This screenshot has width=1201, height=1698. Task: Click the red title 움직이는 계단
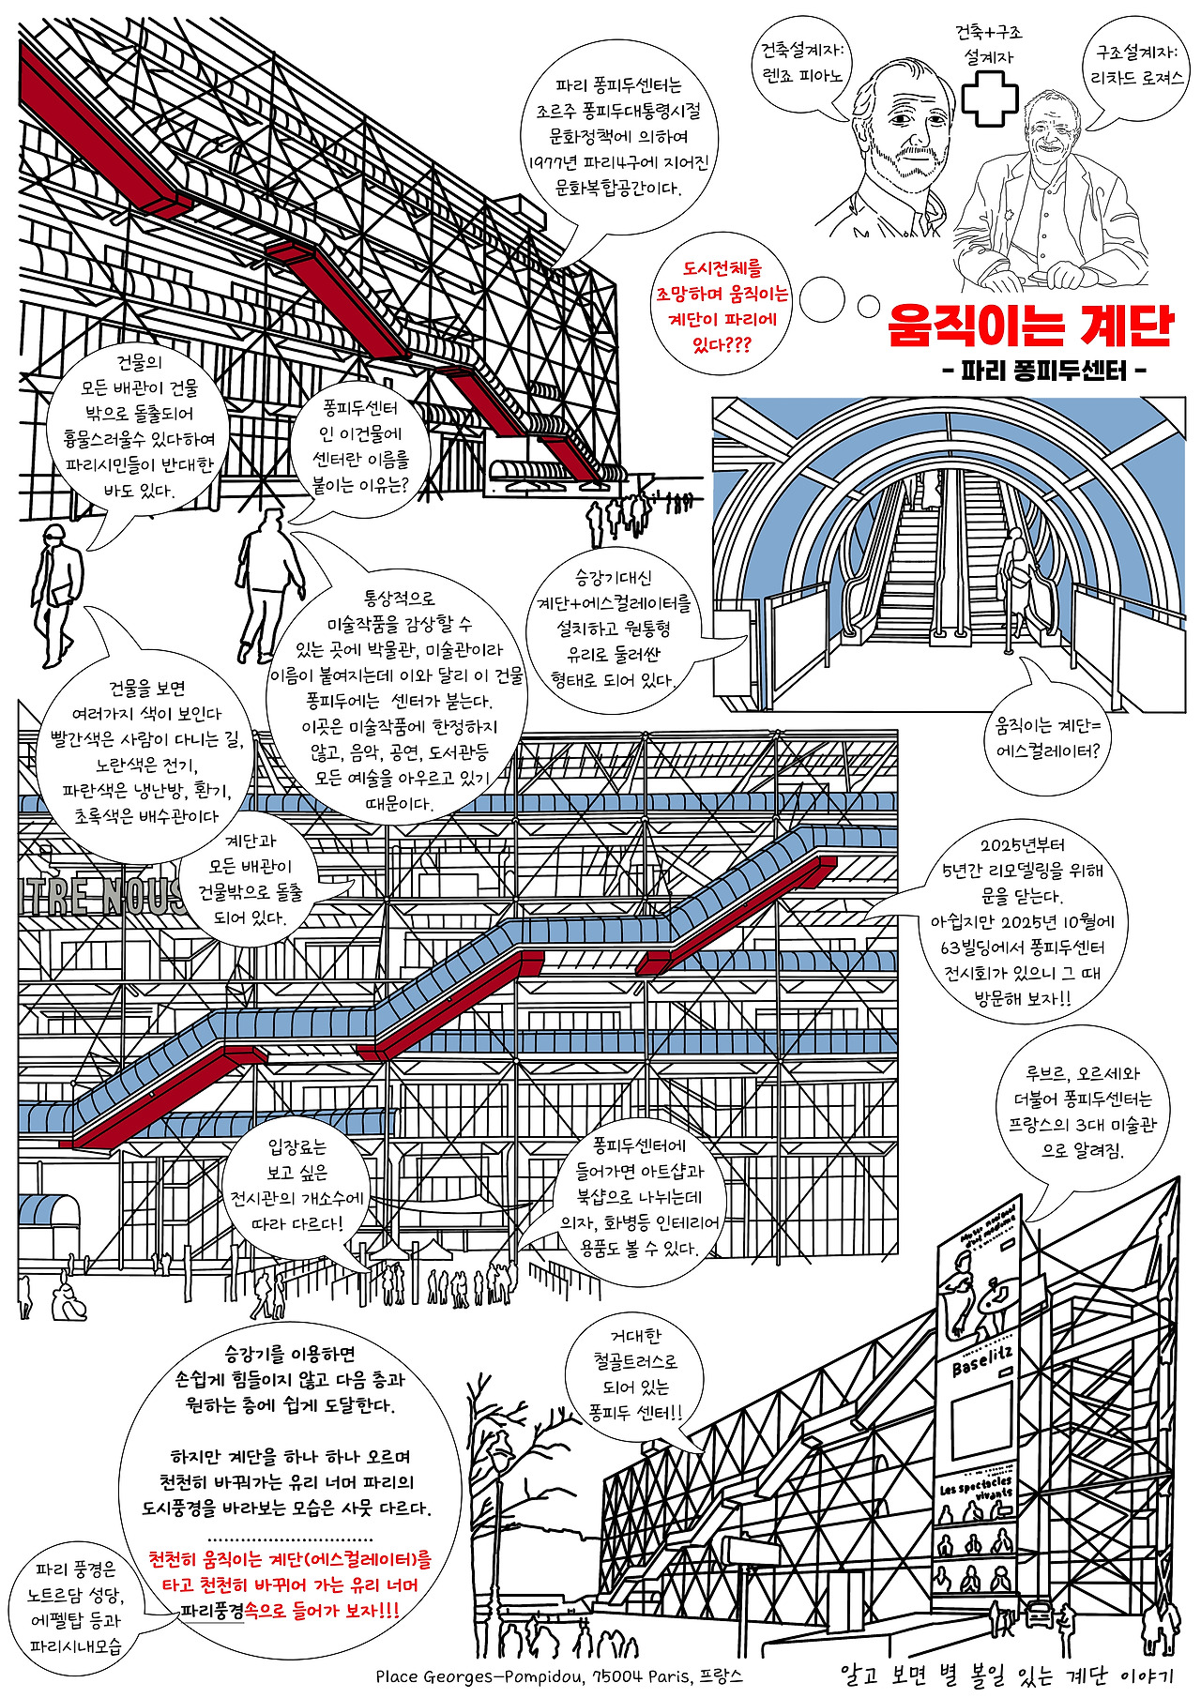(1030, 325)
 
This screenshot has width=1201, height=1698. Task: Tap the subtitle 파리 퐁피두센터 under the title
(1043, 371)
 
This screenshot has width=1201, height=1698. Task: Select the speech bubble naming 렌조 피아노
(803, 64)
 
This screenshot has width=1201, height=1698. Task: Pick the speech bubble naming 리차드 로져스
(1138, 66)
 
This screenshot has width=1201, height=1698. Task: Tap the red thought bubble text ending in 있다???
(722, 307)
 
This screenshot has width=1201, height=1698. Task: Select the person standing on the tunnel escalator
(1019, 582)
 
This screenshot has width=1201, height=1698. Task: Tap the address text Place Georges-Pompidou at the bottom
(559, 1675)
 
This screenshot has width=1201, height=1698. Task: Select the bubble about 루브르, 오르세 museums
(1082, 1113)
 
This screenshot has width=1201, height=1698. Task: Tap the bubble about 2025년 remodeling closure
(1022, 921)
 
